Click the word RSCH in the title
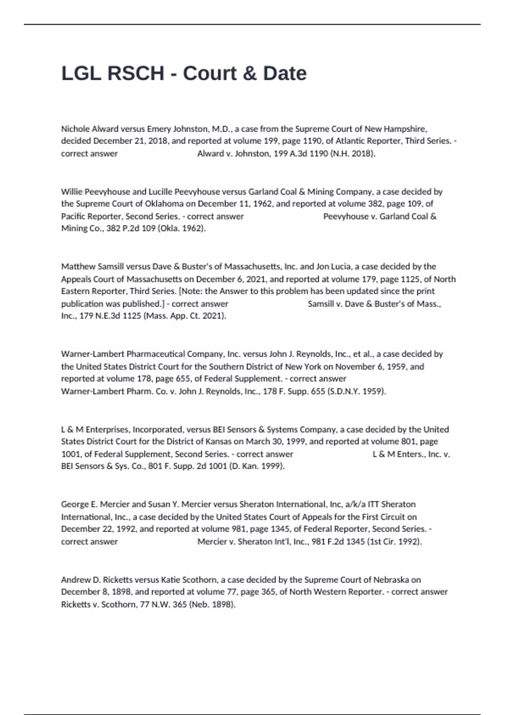pyautogui.click(x=136, y=73)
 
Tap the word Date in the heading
pyautogui.click(x=285, y=73)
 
